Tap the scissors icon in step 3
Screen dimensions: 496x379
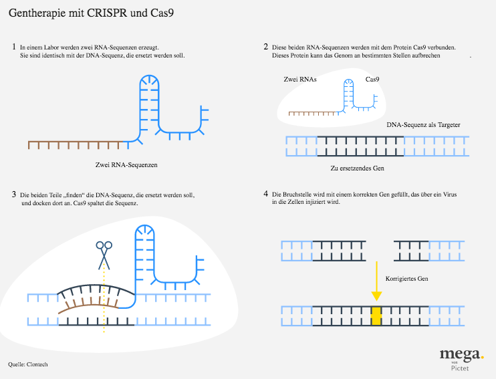(104, 255)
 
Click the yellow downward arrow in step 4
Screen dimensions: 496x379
(376, 281)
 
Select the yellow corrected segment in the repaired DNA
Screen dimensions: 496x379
(376, 315)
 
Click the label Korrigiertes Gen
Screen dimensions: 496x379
(407, 279)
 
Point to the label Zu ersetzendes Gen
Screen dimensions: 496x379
(358, 168)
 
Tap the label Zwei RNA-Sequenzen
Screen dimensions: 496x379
(126, 165)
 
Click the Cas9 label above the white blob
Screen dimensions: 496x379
(372, 79)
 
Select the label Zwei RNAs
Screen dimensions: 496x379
(300, 79)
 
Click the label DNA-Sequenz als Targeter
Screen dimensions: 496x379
(424, 124)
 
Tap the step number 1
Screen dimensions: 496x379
(14, 47)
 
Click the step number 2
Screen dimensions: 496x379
(266, 47)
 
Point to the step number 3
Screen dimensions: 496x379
(14, 195)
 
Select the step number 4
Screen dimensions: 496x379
(266, 194)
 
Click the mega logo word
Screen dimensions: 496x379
(460, 355)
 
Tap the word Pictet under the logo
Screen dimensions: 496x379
(460, 368)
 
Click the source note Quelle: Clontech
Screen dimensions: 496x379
(28, 364)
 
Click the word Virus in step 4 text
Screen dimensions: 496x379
(450, 195)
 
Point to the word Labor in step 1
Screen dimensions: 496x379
(51, 47)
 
